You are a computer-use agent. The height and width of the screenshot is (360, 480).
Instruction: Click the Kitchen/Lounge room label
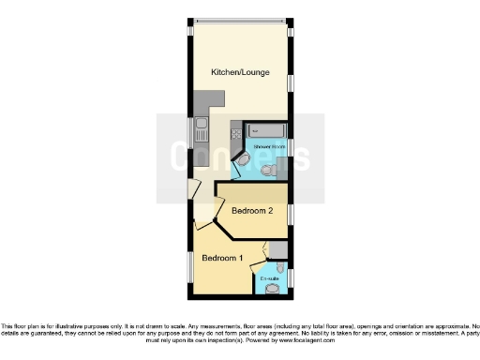(240, 71)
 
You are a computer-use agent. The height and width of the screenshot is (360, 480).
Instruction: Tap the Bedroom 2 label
(252, 211)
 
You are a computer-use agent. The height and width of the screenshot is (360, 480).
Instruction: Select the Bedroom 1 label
(222, 258)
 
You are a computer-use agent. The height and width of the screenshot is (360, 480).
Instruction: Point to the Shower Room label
(268, 146)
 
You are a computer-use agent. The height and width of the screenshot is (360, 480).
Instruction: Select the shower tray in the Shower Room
(266, 130)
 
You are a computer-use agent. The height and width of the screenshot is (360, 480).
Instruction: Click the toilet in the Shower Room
(273, 170)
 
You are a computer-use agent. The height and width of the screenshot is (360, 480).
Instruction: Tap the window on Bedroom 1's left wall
(190, 268)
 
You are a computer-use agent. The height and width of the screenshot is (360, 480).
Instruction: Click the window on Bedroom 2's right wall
(291, 215)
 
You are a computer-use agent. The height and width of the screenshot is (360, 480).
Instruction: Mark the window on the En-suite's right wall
(291, 277)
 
